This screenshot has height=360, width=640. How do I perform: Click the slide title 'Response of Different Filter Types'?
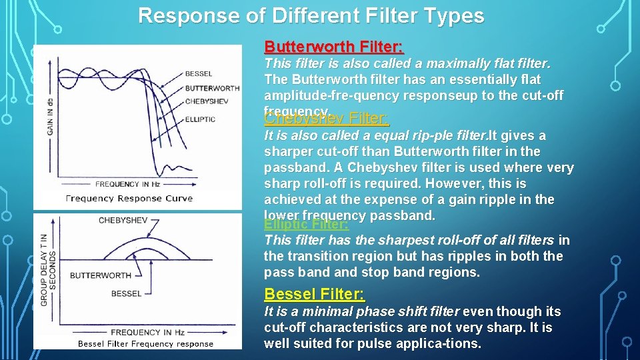click(311, 15)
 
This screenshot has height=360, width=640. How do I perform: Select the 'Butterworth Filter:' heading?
click(334, 47)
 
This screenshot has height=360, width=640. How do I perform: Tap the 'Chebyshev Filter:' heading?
click(327, 119)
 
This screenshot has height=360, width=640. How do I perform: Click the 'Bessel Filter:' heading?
click(314, 294)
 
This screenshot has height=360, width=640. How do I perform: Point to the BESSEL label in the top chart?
click(199, 74)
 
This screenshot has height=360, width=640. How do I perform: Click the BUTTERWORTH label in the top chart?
click(212, 88)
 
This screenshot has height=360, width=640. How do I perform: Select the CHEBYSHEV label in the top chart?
click(207, 101)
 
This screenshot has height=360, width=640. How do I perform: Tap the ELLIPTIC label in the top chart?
click(200, 119)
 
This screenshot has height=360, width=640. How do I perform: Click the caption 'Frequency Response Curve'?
click(129, 198)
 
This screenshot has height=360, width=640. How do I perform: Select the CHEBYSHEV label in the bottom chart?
click(123, 220)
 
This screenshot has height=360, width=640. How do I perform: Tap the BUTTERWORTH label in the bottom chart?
click(100, 275)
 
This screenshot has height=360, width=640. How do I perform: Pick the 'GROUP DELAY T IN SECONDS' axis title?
click(49, 270)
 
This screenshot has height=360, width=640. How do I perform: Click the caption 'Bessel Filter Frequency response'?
click(145, 344)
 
